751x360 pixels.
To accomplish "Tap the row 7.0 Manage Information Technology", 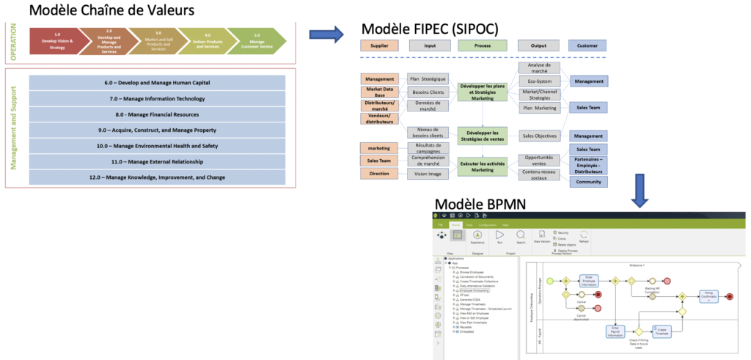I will pos(158,98).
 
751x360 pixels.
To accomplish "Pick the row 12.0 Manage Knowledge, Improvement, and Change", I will pos(158,177).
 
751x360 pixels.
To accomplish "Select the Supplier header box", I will pos(379,45).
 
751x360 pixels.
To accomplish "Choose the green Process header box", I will pos(482,45).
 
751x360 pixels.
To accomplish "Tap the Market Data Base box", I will pos(379,92).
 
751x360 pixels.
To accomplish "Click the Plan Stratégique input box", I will pos(428,78).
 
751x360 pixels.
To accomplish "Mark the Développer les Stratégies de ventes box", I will pos(482,135).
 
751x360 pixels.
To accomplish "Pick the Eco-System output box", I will pos(540,80).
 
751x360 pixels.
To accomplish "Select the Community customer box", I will pos(588,181).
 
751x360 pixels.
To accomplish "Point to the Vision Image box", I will pos(428,174).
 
